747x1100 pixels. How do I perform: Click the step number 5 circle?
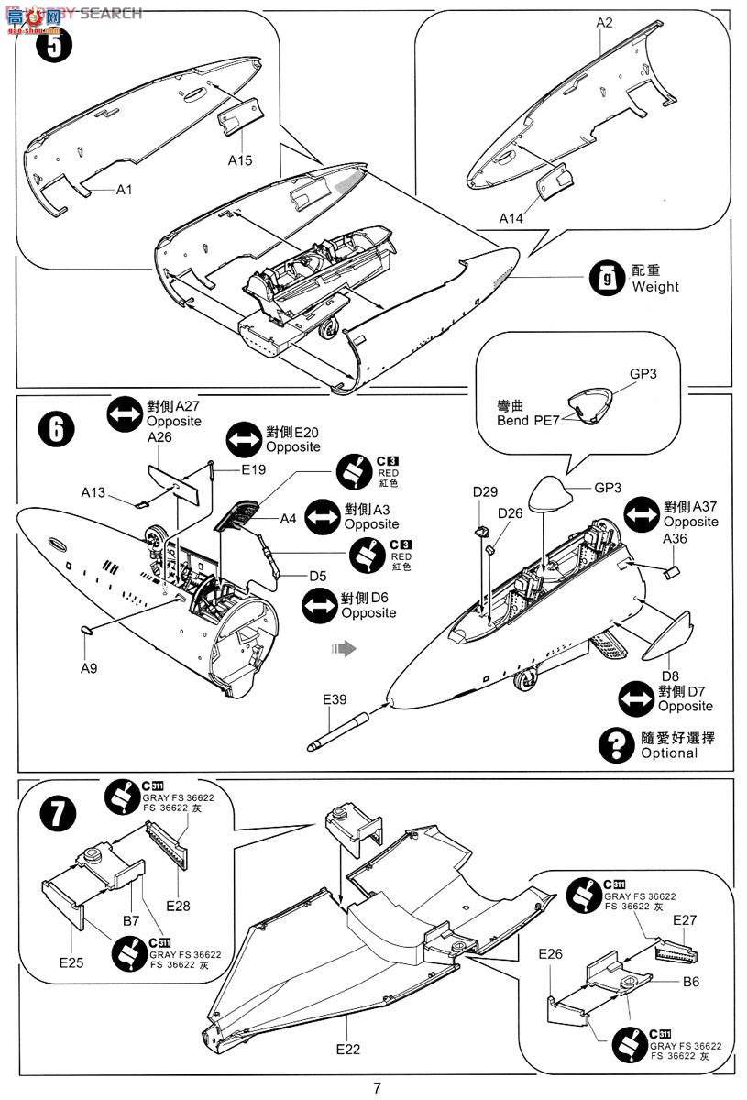pyautogui.click(x=54, y=46)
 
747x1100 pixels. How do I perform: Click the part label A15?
pyautogui.click(x=240, y=159)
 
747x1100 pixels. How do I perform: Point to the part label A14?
pyautogui.click(x=513, y=217)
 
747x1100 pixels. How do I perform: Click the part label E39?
pyautogui.click(x=335, y=700)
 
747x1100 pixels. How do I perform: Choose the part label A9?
pyautogui.click(x=88, y=668)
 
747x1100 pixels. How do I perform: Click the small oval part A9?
pyautogui.click(x=89, y=631)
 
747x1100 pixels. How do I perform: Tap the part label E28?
pyautogui.click(x=180, y=906)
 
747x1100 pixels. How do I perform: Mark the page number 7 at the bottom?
pyautogui.click(x=377, y=1087)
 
